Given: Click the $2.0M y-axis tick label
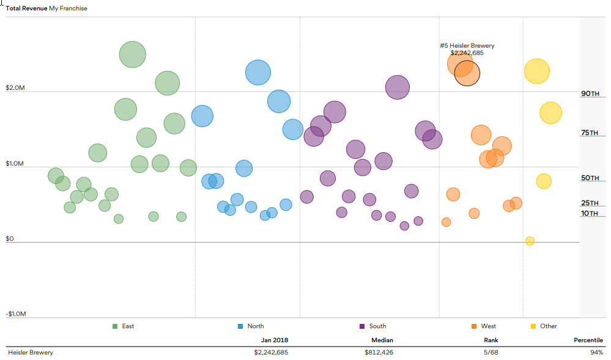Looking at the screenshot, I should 15,88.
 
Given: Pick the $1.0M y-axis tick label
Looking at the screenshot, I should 15,164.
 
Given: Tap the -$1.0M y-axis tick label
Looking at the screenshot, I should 17,314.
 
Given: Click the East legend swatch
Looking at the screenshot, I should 115,326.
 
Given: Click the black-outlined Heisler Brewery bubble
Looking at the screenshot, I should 467,73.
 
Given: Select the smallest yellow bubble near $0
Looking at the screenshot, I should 530,241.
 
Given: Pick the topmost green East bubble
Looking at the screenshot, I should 132,54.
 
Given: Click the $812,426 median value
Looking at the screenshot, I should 379,353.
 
